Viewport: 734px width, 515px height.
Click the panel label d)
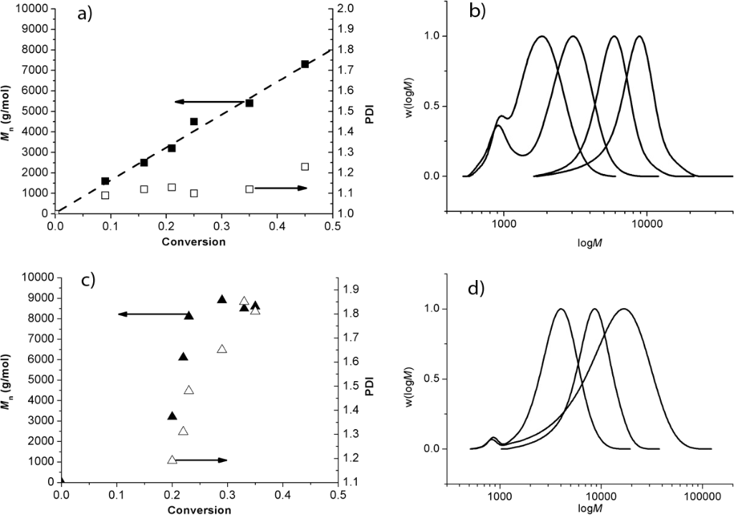point(475,288)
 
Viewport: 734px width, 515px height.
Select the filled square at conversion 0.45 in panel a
point(305,64)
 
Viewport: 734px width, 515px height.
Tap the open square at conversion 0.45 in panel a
point(305,167)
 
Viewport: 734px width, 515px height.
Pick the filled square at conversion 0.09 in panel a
point(105,181)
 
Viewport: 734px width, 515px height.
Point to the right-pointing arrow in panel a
point(280,188)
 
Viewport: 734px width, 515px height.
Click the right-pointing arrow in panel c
point(200,460)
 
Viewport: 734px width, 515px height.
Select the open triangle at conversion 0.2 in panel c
point(172,459)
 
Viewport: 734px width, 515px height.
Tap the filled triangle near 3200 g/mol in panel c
point(172,415)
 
